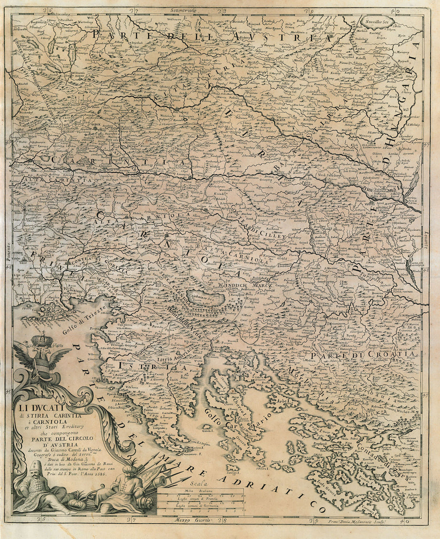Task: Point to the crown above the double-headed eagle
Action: [41, 340]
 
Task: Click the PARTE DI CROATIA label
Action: [362, 354]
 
